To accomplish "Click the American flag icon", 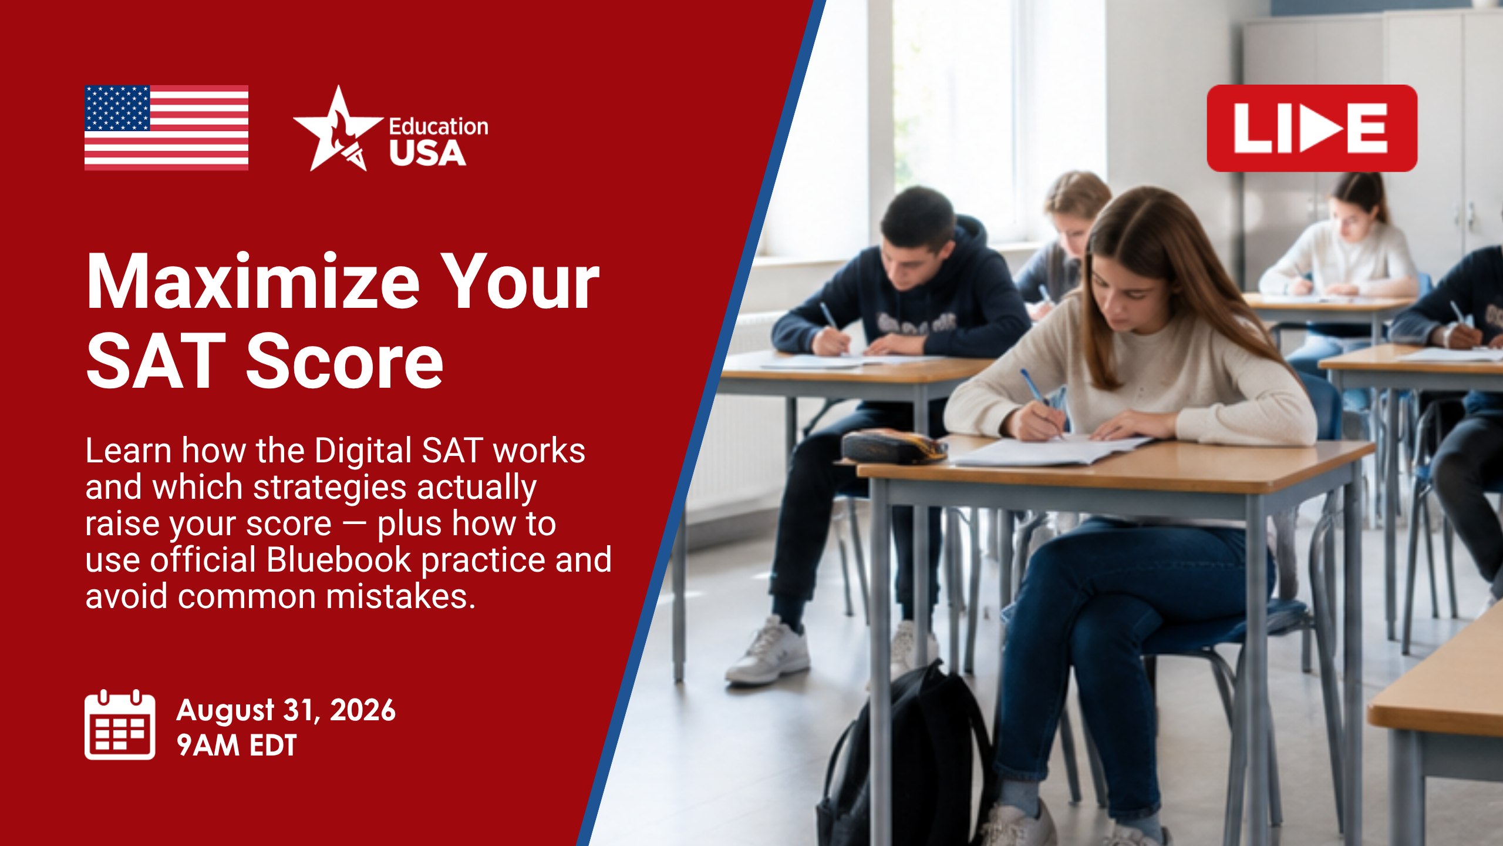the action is click(166, 127).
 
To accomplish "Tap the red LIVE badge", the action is click(1312, 128).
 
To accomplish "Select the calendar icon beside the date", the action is click(120, 724).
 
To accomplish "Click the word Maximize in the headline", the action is click(253, 283).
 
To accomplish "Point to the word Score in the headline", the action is click(345, 361).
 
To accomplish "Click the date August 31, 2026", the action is click(286, 710).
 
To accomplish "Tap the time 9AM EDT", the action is click(237, 745).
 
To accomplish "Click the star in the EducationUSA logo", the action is click(337, 129).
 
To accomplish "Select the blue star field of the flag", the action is click(117, 108).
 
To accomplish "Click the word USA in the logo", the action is click(427, 153).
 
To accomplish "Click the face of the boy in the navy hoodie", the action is click(907, 258).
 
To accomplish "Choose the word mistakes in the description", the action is click(400, 596).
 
